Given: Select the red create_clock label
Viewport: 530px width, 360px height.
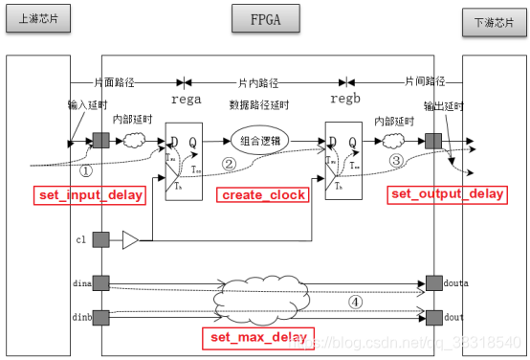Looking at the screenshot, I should (x=263, y=195).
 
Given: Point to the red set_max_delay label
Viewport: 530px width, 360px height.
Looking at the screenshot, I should (x=257, y=336).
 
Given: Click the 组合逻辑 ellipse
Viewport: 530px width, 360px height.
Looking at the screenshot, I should (x=258, y=142).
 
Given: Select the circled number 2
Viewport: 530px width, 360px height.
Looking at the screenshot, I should (x=230, y=164).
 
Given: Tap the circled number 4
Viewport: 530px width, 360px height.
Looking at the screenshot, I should (x=355, y=303).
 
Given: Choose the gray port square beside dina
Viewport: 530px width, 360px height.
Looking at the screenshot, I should (x=100, y=283).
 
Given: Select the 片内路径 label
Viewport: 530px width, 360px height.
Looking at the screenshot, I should (x=257, y=83).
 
